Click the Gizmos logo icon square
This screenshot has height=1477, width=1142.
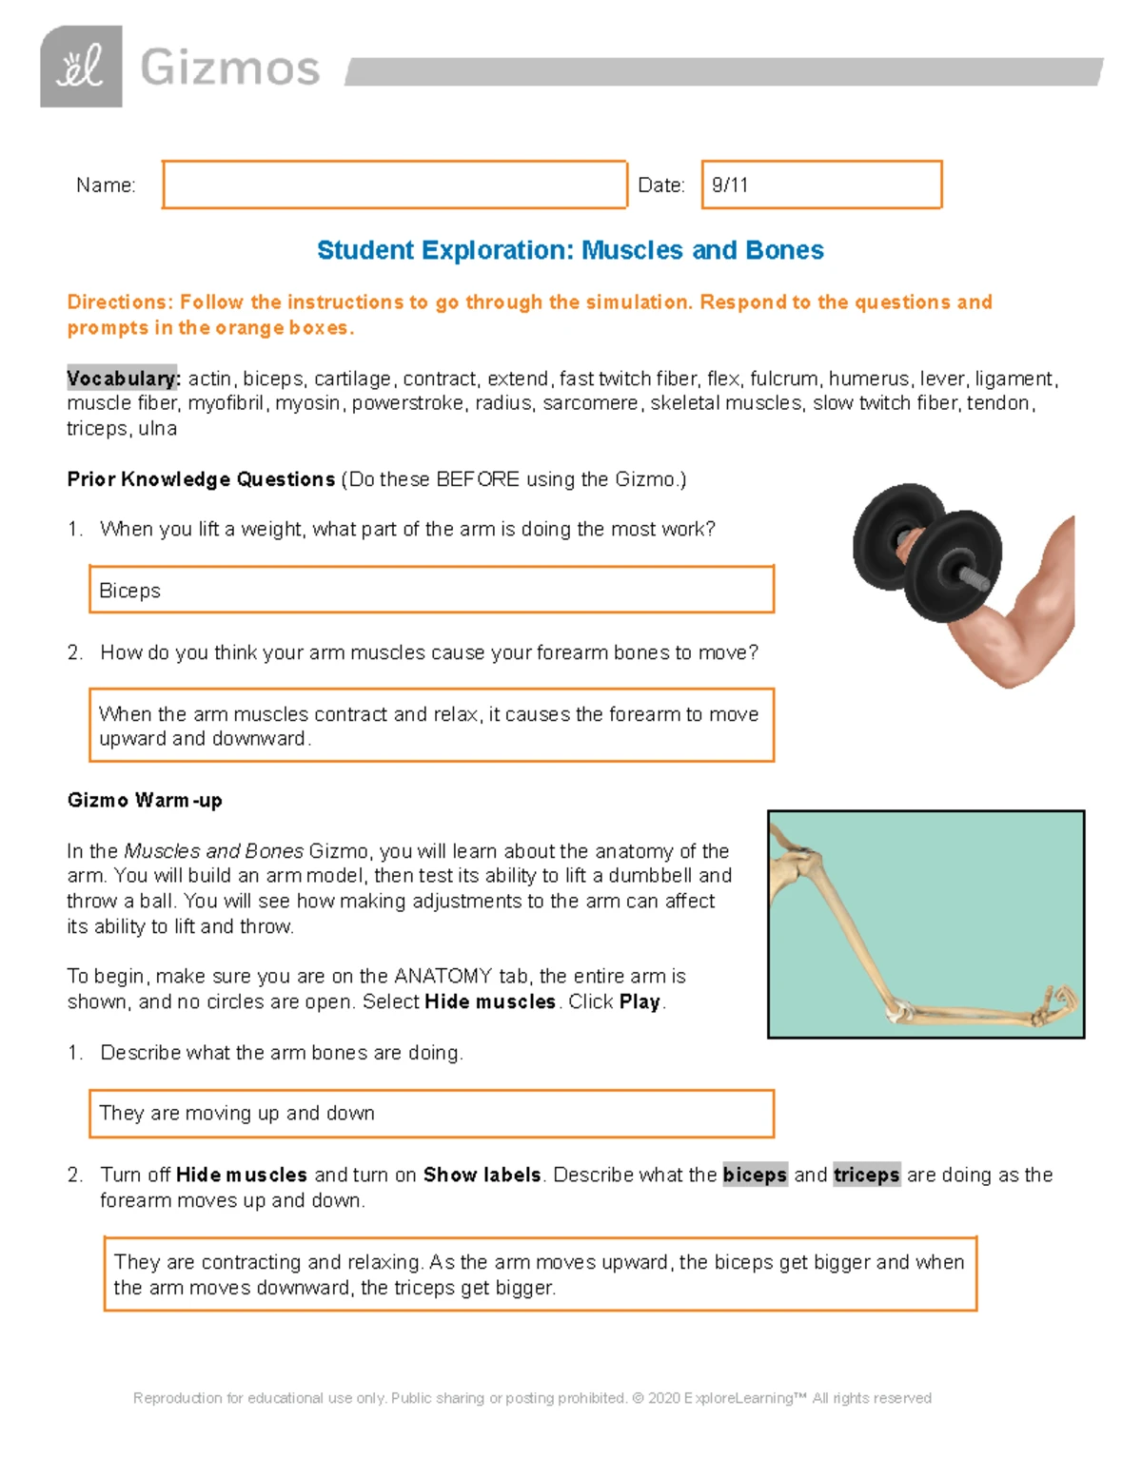(x=81, y=67)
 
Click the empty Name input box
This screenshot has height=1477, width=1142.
(x=395, y=185)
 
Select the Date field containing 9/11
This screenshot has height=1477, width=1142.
(x=821, y=185)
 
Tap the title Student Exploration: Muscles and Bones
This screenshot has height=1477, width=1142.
(x=570, y=250)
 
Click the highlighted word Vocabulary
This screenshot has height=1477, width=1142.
(x=124, y=379)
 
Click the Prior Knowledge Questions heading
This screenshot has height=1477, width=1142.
(x=201, y=479)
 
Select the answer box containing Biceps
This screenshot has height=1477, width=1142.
(x=431, y=590)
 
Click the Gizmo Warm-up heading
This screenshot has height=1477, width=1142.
(x=145, y=800)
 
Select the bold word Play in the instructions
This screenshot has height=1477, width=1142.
(x=640, y=1001)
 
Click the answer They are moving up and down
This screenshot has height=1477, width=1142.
(x=237, y=1113)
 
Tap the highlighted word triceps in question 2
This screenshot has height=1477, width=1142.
(x=866, y=1175)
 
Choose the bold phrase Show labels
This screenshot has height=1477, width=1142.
(x=482, y=1175)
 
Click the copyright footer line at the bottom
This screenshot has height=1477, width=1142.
(x=532, y=1398)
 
